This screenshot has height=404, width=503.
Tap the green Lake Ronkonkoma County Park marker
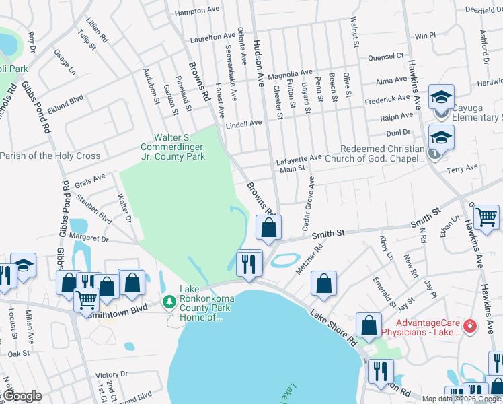169,300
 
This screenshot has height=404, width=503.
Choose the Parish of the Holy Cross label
50,156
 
